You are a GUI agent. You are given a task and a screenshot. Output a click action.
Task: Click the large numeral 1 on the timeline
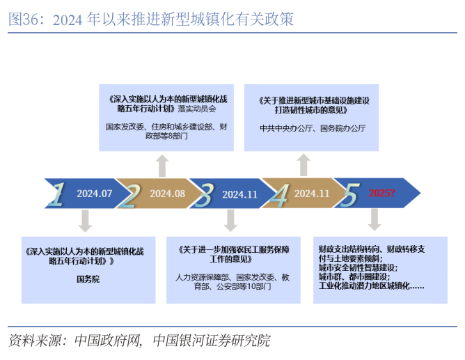coord(58,194)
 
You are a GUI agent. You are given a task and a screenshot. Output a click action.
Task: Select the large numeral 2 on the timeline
coord(130,194)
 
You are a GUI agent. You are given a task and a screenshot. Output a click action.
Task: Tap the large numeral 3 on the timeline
coord(203,194)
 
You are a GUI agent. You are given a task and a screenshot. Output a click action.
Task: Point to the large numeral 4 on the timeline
coord(278,194)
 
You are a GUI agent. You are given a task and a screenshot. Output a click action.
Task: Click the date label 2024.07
coord(95,194)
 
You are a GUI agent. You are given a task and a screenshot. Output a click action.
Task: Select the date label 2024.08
coord(167,194)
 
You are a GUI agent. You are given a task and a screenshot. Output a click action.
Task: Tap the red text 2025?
coord(381,193)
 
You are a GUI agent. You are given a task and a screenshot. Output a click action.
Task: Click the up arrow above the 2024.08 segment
coord(161,166)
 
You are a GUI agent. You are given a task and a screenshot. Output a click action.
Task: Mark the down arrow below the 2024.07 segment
coord(86,221)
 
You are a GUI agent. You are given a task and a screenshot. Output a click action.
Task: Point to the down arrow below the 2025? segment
coord(375,219)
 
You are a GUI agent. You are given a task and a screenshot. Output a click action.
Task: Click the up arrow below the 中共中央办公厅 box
coord(304,165)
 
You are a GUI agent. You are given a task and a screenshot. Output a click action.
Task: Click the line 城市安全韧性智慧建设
coord(357,267)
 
